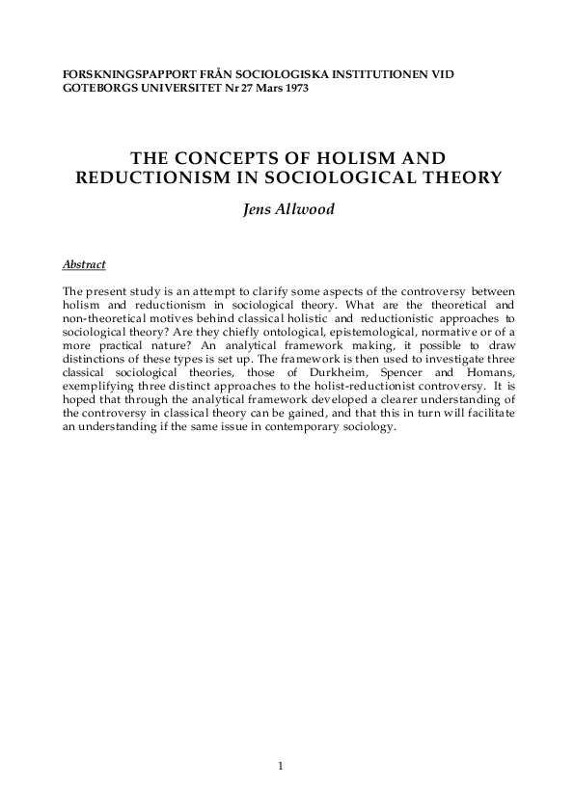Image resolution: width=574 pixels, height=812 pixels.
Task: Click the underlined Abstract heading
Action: pos(83,264)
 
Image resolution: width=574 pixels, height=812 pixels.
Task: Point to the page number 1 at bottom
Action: pos(281,767)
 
